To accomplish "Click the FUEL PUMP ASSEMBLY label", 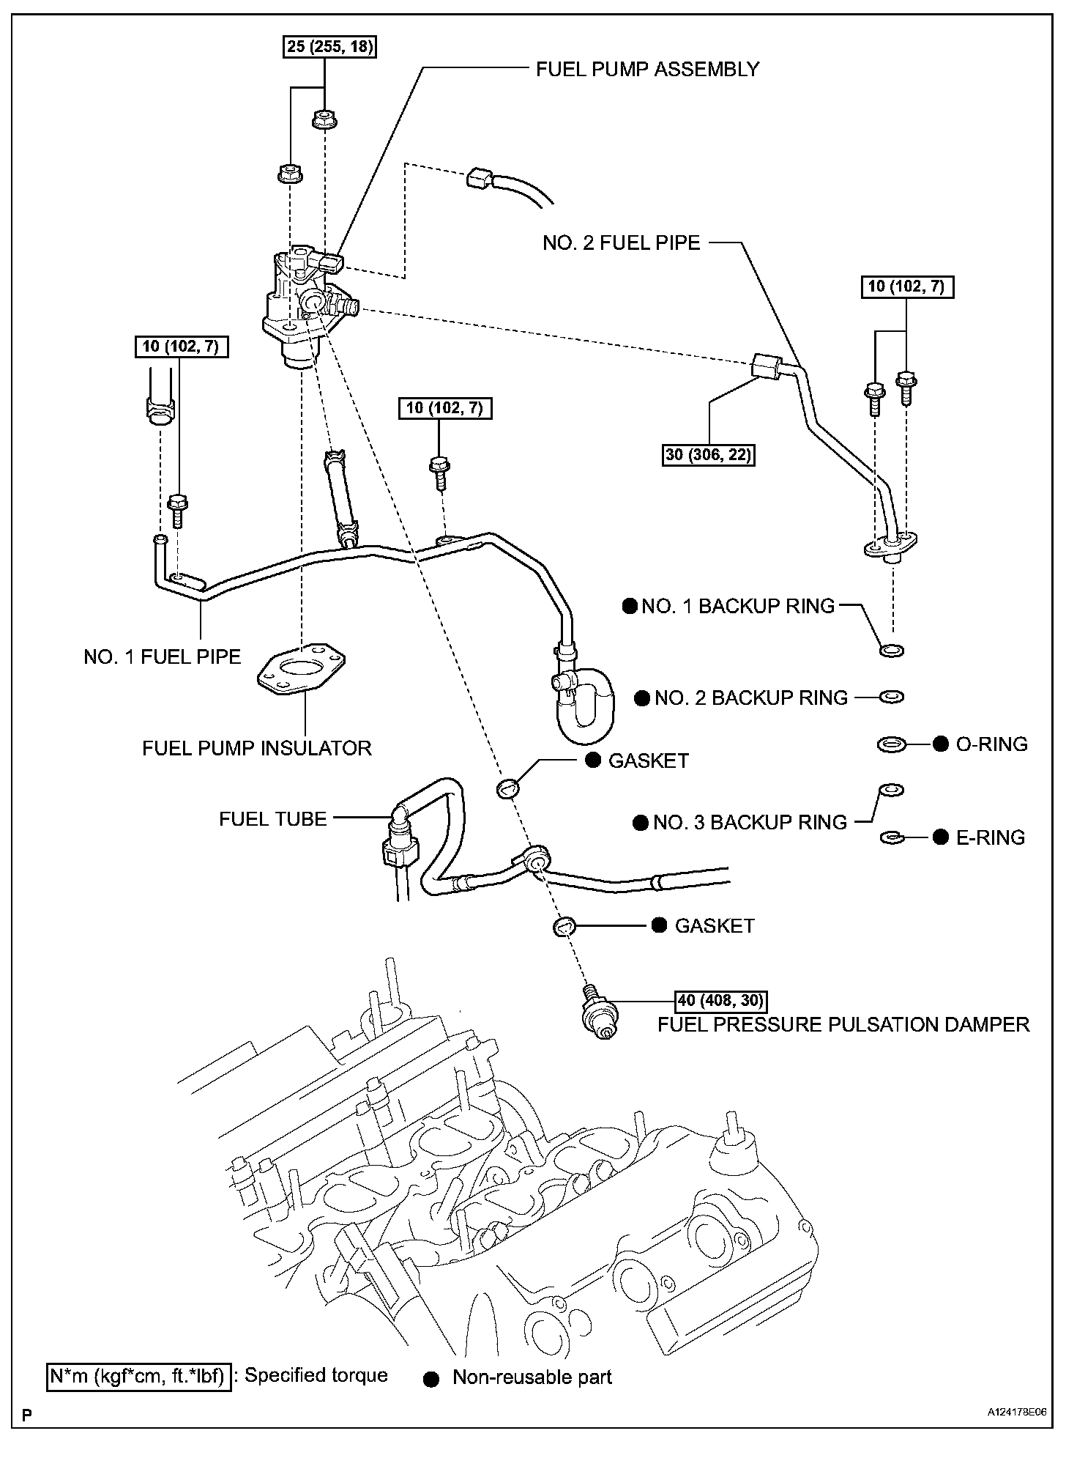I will [x=647, y=70].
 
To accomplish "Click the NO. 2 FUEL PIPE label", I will [x=621, y=243].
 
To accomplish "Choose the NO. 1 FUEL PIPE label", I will [x=162, y=656].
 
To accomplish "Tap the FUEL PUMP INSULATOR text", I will [x=257, y=748].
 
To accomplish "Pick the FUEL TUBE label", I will [x=272, y=818].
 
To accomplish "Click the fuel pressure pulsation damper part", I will [x=597, y=1015].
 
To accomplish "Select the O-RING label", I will [x=991, y=744].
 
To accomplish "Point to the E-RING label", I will [x=991, y=837].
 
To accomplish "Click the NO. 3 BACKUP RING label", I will [x=750, y=822].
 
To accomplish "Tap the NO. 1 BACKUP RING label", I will [x=737, y=606].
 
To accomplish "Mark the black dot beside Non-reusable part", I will [x=431, y=1378].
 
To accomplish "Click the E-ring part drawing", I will [x=891, y=837].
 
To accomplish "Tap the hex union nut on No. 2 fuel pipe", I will [x=764, y=365].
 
